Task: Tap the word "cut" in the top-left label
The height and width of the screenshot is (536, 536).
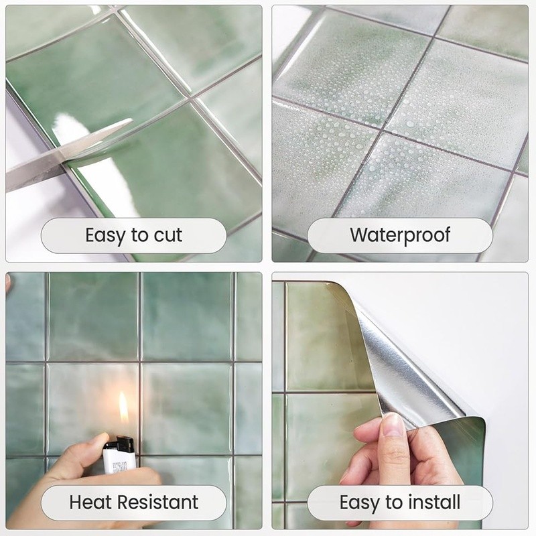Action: (x=168, y=235)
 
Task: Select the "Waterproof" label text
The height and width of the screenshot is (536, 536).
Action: (x=400, y=236)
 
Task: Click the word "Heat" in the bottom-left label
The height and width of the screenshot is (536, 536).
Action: (x=91, y=502)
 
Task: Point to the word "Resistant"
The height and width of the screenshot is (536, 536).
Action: (x=158, y=502)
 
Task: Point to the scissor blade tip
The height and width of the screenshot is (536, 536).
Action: (x=131, y=120)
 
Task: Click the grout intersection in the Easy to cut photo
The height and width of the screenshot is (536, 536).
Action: (x=190, y=98)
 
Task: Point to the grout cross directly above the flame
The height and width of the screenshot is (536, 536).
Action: (x=139, y=362)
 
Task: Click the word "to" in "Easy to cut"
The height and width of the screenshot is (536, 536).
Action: (x=139, y=235)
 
